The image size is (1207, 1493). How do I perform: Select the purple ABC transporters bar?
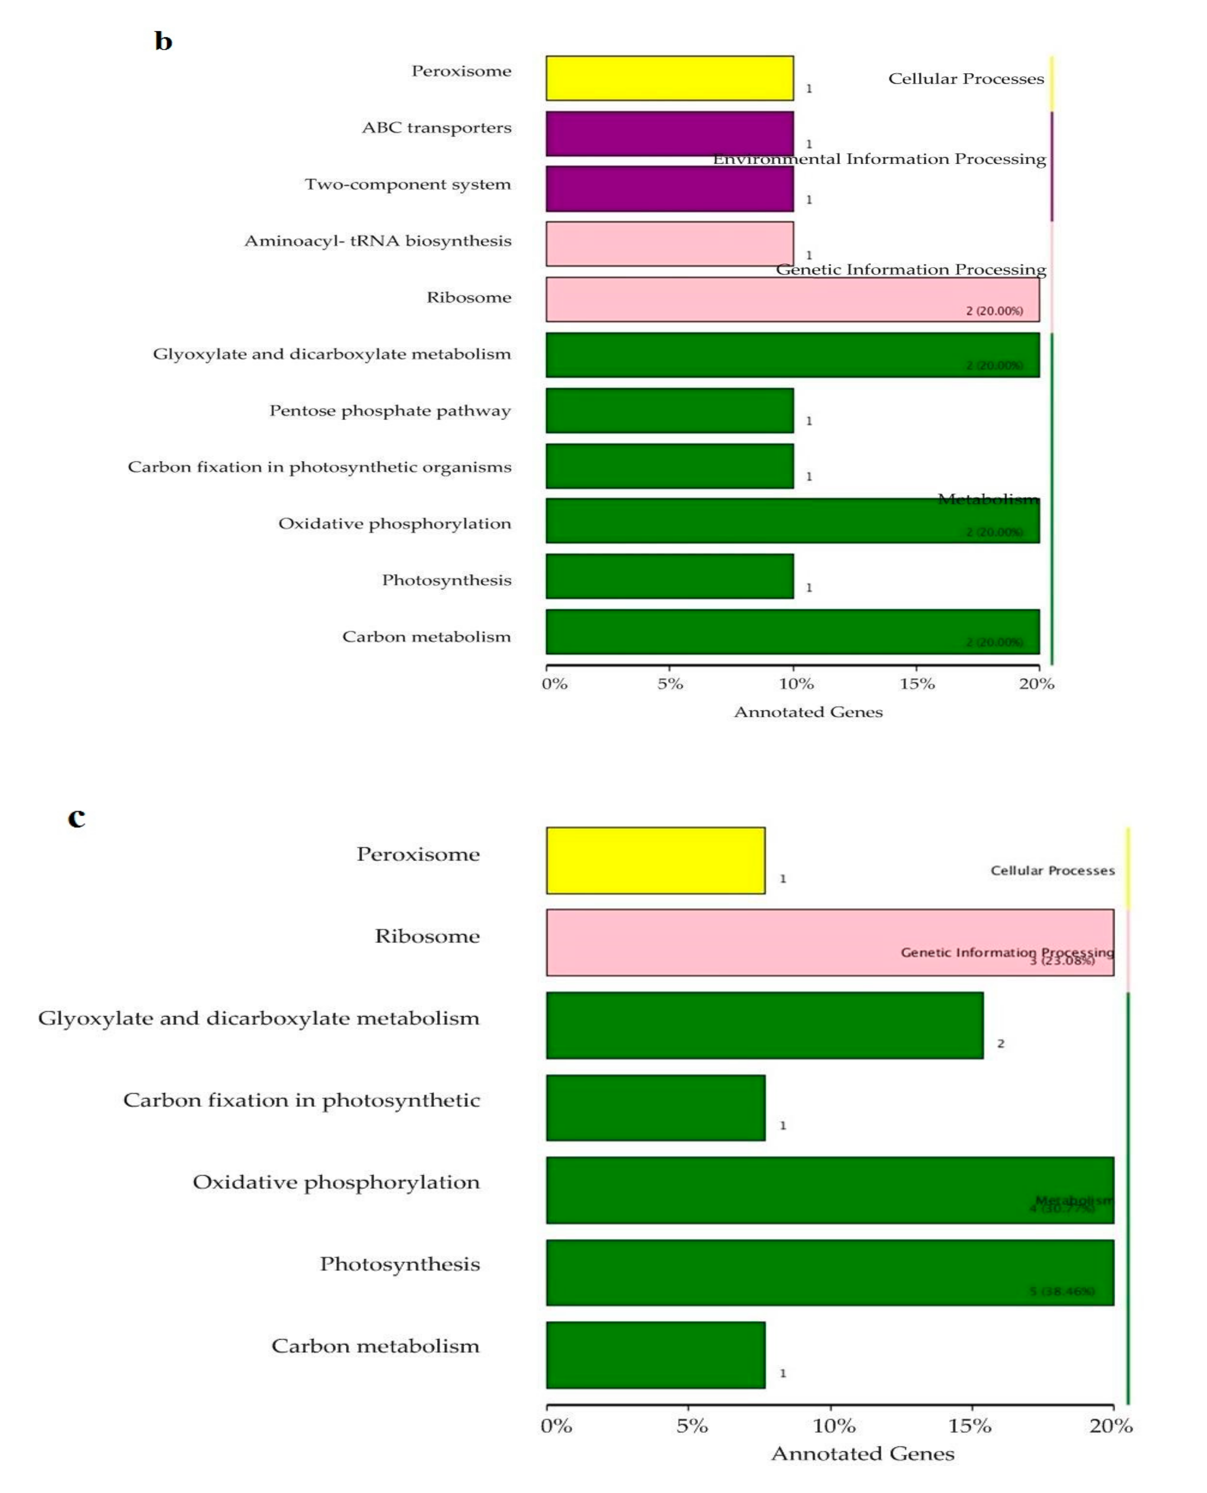tap(669, 134)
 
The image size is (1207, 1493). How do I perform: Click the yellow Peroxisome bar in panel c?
tap(655, 860)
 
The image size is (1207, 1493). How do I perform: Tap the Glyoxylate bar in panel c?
tap(764, 1025)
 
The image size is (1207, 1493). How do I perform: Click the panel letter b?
tap(163, 41)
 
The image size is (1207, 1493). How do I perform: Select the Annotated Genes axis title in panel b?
tap(808, 712)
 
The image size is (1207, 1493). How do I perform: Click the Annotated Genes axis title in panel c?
tap(862, 1453)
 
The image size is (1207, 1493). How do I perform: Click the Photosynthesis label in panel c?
tap(400, 1264)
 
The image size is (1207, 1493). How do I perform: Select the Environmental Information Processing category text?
tap(879, 159)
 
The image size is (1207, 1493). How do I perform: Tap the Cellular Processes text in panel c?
tap(1052, 870)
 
